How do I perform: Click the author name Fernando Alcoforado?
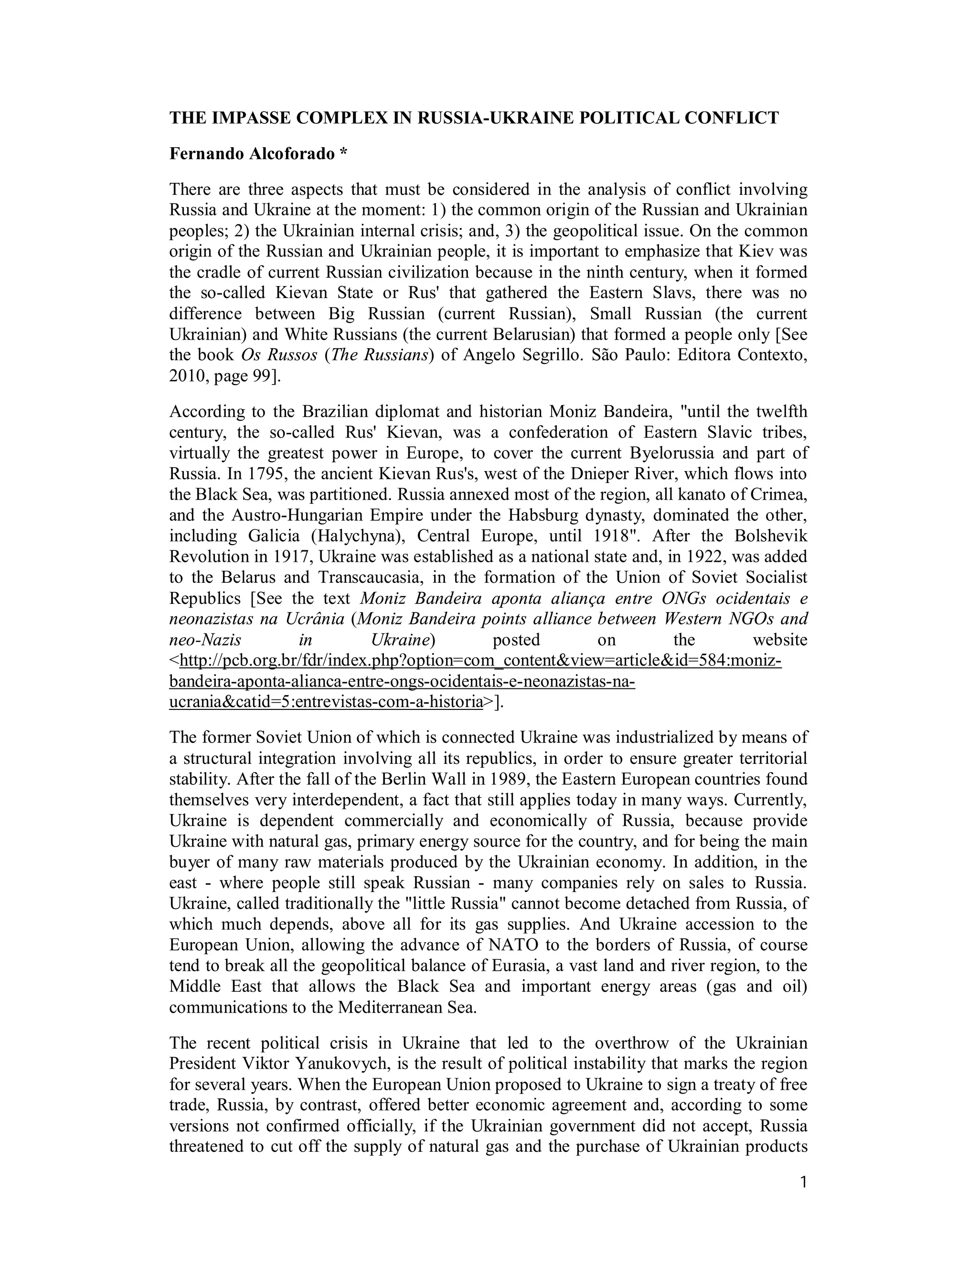tap(252, 154)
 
